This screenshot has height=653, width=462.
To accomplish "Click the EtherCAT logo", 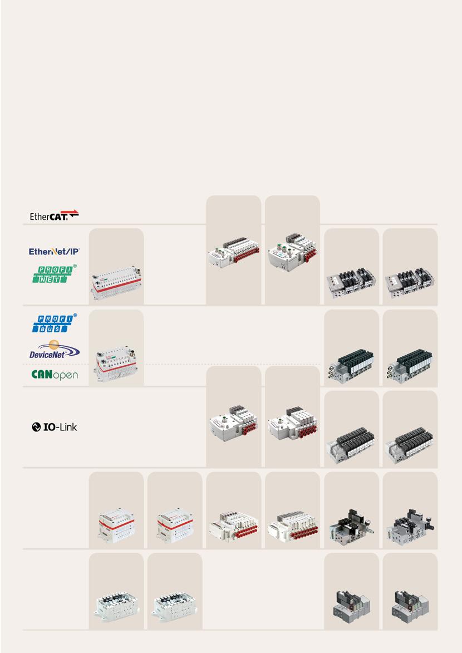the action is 54,215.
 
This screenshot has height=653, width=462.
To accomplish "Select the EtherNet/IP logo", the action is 55,252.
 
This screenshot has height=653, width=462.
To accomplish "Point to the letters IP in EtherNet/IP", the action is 73,252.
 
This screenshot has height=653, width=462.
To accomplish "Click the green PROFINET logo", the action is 52,273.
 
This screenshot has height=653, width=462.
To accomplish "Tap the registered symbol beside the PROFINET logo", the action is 75,266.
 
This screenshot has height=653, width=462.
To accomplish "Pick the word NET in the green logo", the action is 52,278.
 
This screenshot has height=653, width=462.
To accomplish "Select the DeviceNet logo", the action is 55,351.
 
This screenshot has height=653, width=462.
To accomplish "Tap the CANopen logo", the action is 54,375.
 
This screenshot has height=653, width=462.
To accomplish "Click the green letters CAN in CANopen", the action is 42,375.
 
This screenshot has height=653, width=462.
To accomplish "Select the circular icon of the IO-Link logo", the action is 36,428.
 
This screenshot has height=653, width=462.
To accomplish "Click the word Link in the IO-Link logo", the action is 67,428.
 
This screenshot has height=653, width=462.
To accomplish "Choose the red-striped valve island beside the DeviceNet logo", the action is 116,363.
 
